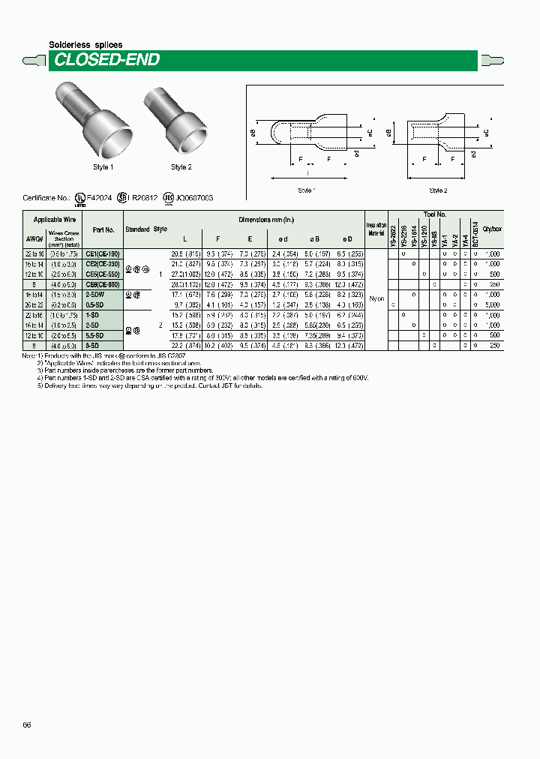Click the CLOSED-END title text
(x=106, y=60)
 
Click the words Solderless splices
(x=85, y=45)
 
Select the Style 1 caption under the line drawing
(x=306, y=190)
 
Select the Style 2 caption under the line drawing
(x=438, y=190)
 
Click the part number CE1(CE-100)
(x=103, y=255)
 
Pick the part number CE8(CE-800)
(x=103, y=284)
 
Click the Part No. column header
(x=103, y=230)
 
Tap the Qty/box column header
(x=492, y=230)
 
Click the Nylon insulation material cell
(x=376, y=298)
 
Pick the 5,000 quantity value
(x=493, y=305)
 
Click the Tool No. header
(x=434, y=214)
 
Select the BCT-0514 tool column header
(x=475, y=234)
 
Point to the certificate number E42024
(x=99, y=198)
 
